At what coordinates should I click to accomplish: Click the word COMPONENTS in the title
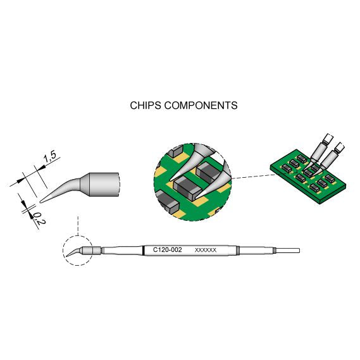(201, 106)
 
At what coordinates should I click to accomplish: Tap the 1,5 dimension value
(50, 157)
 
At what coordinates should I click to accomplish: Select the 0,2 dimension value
(39, 218)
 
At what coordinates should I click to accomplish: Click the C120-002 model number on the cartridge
(168, 249)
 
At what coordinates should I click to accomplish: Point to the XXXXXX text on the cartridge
(206, 250)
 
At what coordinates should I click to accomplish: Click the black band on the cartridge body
(144, 250)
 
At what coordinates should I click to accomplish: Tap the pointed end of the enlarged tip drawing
(40, 202)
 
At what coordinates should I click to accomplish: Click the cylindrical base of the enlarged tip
(104, 184)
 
